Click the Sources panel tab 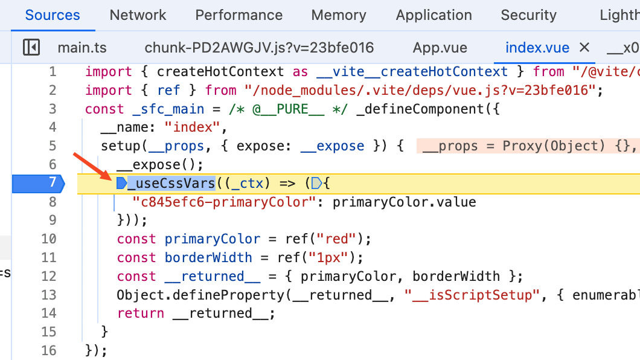[x=53, y=15]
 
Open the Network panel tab [x=138, y=15]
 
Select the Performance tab [x=238, y=15]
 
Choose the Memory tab [x=339, y=15]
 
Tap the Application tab [x=434, y=15]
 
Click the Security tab [x=529, y=15]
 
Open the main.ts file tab [x=81, y=48]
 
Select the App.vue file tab [x=435, y=48]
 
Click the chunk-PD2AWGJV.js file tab [x=259, y=48]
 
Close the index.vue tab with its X [x=584, y=48]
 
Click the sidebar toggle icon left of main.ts [x=31, y=47]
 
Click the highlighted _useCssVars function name [x=171, y=183]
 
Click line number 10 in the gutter [x=49, y=239]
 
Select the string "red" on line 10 [x=337, y=239]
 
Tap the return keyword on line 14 [x=141, y=313]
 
